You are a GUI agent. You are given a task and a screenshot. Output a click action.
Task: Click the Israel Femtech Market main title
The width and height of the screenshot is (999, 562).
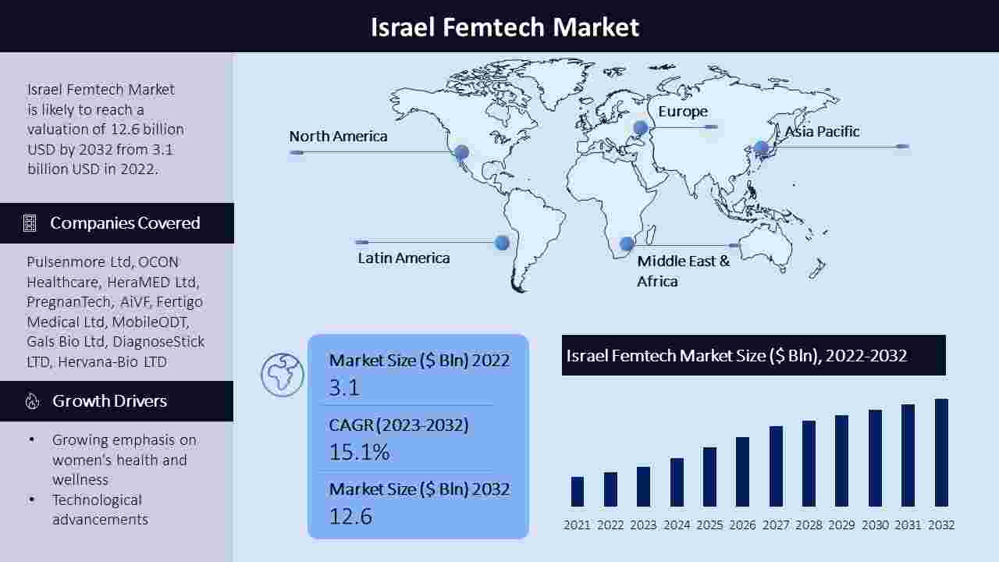pos(505,27)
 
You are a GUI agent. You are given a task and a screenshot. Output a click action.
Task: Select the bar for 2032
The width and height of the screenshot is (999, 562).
pos(941,452)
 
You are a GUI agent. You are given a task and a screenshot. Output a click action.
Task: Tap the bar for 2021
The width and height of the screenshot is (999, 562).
pos(577,492)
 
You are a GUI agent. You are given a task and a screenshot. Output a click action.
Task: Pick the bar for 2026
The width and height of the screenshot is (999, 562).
pos(742,471)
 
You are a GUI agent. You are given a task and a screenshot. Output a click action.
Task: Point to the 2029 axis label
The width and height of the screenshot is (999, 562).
pos(841,525)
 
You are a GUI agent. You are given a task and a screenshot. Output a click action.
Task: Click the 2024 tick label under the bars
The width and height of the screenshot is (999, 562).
pos(677,525)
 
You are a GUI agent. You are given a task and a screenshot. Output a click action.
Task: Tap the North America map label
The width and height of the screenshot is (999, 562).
pos(338,136)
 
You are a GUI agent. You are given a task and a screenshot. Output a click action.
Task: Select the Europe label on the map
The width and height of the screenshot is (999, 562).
pos(683,112)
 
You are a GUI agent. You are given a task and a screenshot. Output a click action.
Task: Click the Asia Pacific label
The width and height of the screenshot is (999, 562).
pos(822,132)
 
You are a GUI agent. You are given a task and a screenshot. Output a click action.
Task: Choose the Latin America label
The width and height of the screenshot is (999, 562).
pos(404,258)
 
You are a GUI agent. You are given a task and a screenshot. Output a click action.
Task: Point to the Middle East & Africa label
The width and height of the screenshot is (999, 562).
pos(683,271)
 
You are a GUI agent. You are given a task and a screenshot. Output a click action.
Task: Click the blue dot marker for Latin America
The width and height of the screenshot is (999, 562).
pos(502,243)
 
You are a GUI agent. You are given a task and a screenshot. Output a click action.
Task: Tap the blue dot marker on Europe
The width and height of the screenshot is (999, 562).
pos(641,128)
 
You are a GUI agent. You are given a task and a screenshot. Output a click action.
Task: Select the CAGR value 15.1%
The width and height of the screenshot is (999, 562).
pos(360,452)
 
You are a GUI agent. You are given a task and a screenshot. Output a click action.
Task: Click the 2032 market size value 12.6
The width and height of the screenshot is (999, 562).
pos(350,517)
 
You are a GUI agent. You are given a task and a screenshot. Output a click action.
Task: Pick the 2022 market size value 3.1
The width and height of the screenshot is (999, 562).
pos(344,387)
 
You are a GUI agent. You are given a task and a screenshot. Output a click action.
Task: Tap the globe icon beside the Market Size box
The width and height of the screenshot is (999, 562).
pos(283,375)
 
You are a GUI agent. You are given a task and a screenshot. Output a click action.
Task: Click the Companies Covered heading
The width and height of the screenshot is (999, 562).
pos(125,223)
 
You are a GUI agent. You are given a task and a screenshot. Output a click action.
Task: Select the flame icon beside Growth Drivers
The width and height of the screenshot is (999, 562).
pos(32,401)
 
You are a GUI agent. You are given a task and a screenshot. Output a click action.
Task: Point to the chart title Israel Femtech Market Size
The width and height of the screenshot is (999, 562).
pos(736,355)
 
